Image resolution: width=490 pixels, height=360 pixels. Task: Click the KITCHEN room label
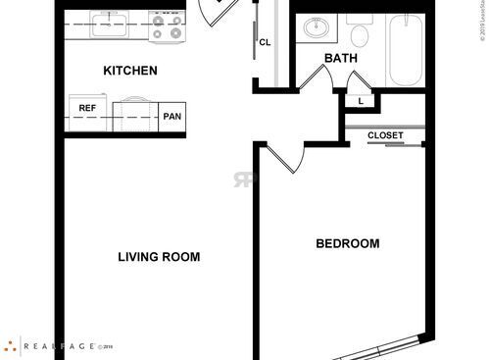point(130,71)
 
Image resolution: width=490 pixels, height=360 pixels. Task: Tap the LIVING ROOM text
point(159,257)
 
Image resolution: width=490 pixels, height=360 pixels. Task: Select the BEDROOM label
point(347,243)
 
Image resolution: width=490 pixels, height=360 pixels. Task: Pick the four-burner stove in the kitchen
point(169,26)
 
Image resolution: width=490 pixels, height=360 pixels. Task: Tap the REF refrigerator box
point(86,109)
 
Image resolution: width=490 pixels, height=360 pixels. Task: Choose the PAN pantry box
point(173,117)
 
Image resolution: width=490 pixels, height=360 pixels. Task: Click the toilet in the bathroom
point(360,34)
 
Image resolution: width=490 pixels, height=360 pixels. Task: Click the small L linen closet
point(360,100)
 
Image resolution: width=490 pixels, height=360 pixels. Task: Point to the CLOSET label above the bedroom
point(385,135)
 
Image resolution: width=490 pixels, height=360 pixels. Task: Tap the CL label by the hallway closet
point(265,42)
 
